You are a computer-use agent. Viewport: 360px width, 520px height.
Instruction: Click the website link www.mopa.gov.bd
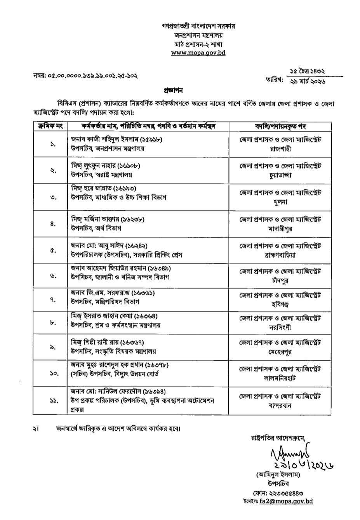click(x=198, y=52)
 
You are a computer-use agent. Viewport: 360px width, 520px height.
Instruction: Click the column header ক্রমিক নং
click(x=50, y=126)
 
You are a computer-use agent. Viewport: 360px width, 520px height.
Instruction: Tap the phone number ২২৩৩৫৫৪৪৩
click(x=288, y=492)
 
